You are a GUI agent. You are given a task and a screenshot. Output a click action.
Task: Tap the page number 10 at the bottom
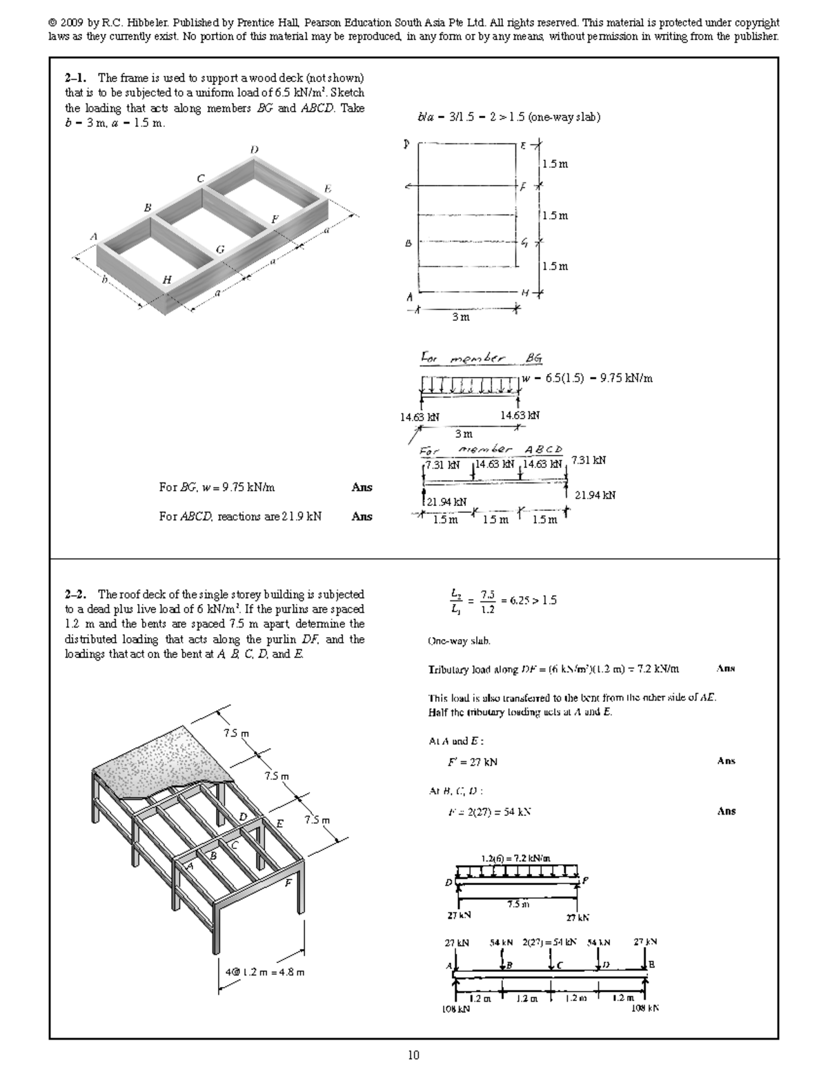[x=413, y=1055]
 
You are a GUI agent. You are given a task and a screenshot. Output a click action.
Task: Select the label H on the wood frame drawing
[x=167, y=280]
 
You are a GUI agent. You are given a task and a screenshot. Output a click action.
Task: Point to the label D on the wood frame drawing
[x=255, y=149]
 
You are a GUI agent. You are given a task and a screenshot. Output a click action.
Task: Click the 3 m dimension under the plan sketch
[x=460, y=318]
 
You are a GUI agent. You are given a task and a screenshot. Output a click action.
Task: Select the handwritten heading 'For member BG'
[x=481, y=358]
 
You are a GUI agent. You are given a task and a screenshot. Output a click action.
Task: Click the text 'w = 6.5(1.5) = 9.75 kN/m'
[x=587, y=378]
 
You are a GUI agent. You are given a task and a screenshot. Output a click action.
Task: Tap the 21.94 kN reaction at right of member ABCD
[x=595, y=495]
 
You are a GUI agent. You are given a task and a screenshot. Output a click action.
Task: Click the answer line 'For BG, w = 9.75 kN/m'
[x=217, y=487]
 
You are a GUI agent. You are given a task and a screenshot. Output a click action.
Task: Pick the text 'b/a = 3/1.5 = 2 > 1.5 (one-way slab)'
[x=509, y=117]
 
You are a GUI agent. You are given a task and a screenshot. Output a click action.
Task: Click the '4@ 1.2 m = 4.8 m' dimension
[x=265, y=972]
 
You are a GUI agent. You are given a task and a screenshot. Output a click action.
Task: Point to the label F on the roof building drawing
[x=288, y=883]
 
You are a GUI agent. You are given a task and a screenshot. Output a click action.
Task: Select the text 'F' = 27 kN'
[x=472, y=762]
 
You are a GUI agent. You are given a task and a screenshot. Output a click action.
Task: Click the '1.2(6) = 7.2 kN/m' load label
[x=515, y=859]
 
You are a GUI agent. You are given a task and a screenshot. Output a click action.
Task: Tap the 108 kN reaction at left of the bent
[x=455, y=1008]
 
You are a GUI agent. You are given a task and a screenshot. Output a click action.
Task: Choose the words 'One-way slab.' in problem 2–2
[x=460, y=641]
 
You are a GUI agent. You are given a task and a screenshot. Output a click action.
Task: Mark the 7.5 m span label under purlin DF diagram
[x=517, y=904]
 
